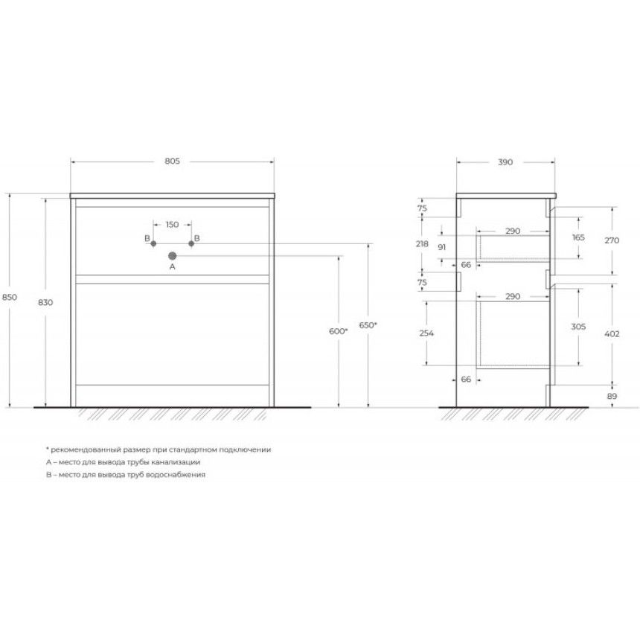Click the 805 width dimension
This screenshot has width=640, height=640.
click(172, 161)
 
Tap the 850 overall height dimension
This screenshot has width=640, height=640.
click(10, 297)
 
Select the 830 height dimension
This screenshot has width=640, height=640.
click(45, 302)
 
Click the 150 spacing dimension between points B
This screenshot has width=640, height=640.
click(172, 225)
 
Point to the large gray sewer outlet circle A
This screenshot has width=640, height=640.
click(172, 256)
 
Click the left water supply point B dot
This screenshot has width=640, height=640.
click(153, 243)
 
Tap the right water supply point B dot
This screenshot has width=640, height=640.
click(191, 243)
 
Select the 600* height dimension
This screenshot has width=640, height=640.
click(339, 331)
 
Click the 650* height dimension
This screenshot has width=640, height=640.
click(368, 325)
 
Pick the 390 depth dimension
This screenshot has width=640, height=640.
click(505, 162)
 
